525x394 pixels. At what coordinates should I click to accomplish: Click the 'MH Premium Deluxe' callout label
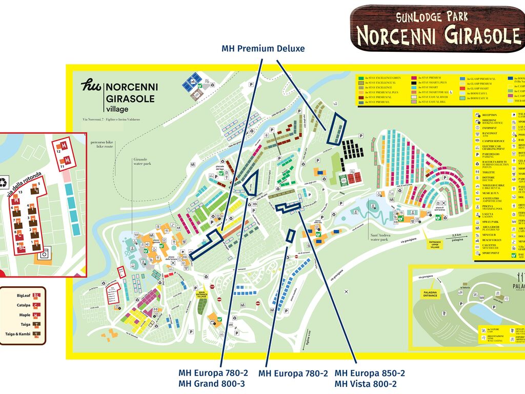click(x=263, y=49)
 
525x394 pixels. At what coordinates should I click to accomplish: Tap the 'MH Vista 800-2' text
click(x=366, y=384)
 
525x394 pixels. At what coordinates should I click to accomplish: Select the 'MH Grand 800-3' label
click(x=212, y=384)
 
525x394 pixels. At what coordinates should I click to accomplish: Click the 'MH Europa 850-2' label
click(x=370, y=373)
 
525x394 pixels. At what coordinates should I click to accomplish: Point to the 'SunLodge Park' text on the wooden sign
click(x=432, y=17)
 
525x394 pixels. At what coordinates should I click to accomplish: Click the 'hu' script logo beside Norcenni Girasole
click(x=91, y=85)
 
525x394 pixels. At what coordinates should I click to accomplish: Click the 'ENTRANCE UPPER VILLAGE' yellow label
click(x=435, y=245)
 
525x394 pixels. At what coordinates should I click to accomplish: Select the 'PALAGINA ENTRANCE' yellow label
click(x=430, y=294)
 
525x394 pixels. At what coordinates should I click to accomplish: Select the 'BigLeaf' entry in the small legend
click(x=24, y=295)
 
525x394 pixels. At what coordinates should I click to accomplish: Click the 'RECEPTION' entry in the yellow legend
click(x=489, y=115)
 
